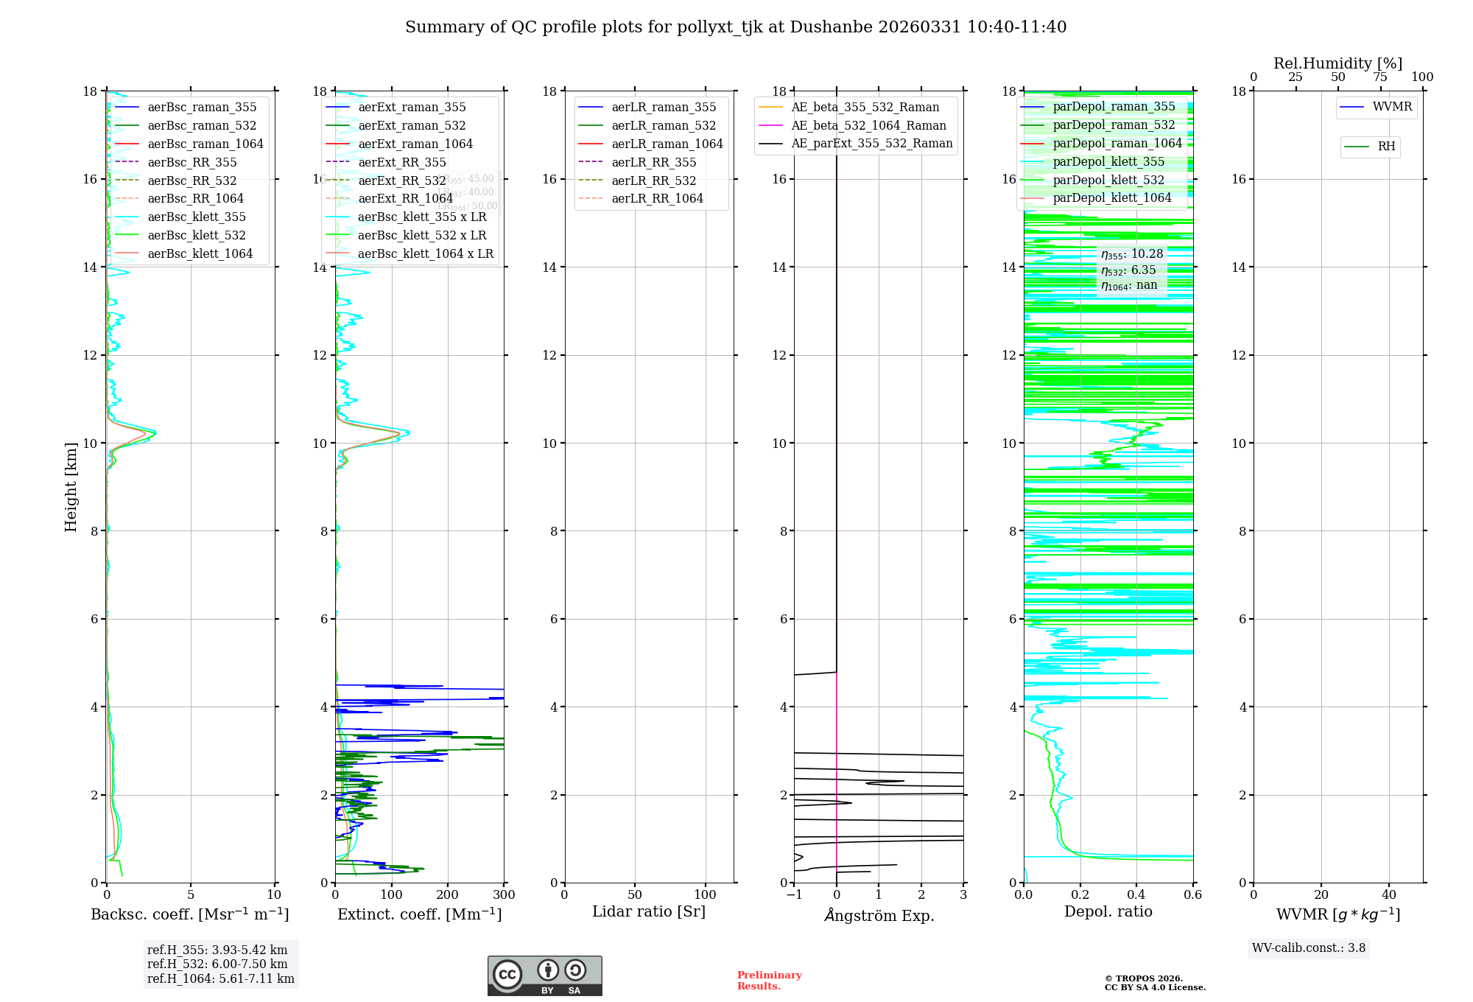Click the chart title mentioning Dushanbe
pyautogui.click(x=736, y=27)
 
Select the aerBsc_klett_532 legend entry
pyautogui.click(x=196, y=236)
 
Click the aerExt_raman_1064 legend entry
pyautogui.click(x=415, y=144)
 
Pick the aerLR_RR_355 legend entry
pyautogui.click(x=653, y=163)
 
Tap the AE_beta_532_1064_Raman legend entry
pyautogui.click(x=868, y=126)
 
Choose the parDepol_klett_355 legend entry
pyautogui.click(x=1108, y=162)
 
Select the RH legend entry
pyautogui.click(x=1386, y=147)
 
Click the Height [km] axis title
pyautogui.click(x=71, y=487)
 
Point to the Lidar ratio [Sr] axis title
pyautogui.click(x=649, y=912)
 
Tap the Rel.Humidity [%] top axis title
pyautogui.click(x=1337, y=63)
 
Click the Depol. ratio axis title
pyautogui.click(x=1108, y=912)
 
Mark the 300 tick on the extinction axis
pyautogui.click(x=505, y=895)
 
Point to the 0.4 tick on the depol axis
pyautogui.click(x=1136, y=895)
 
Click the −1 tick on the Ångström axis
pyautogui.click(x=793, y=895)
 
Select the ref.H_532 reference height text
pyautogui.click(x=217, y=964)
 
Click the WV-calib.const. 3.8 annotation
pyautogui.click(x=1309, y=948)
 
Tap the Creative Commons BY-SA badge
pyautogui.click(x=544, y=975)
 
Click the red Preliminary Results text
pyautogui.click(x=769, y=981)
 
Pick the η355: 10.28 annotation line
pyautogui.click(x=1132, y=254)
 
